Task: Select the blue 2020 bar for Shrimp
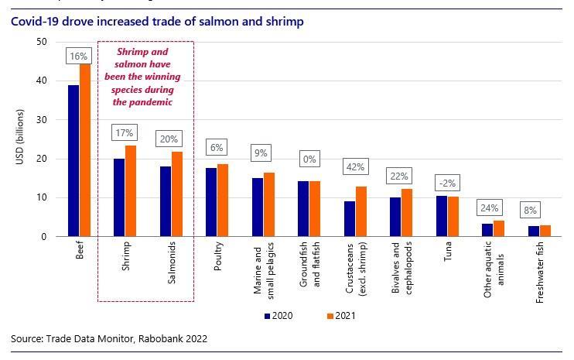coord(119,197)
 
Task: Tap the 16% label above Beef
coord(80,56)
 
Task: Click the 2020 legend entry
coord(278,316)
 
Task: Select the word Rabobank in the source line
coord(157,338)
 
